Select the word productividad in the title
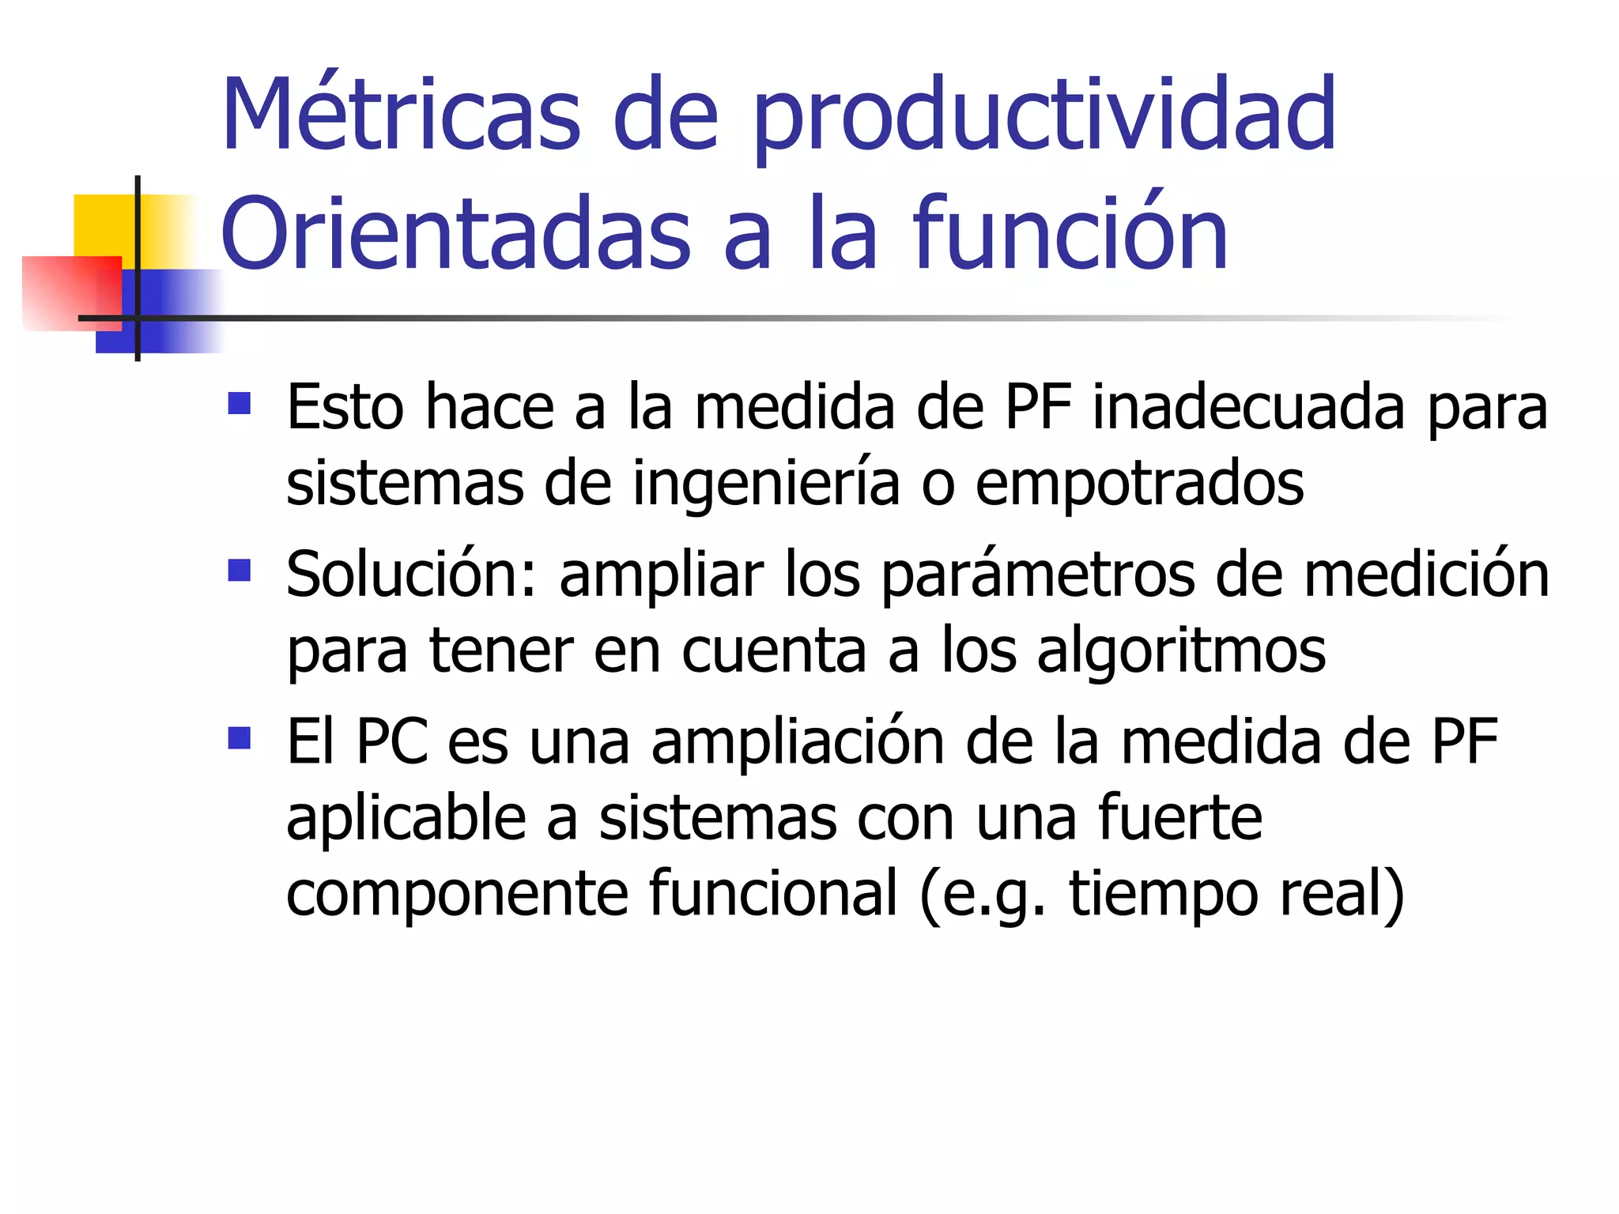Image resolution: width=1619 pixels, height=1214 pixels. pos(1044,119)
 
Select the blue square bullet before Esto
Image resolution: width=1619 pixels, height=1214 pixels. pos(239,404)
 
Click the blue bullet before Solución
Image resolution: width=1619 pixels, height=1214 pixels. pos(239,571)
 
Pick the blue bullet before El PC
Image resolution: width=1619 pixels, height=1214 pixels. pos(239,738)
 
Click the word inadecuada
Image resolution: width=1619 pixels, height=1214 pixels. pos(1250,408)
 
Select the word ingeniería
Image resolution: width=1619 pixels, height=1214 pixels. pos(766,484)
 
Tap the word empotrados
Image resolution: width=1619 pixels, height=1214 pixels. pos(1139,484)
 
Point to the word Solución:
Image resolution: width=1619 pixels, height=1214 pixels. pos(412,575)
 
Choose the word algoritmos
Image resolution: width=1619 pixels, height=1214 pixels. pos(1181,652)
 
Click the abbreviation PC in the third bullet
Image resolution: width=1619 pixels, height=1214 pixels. pos(392,742)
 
